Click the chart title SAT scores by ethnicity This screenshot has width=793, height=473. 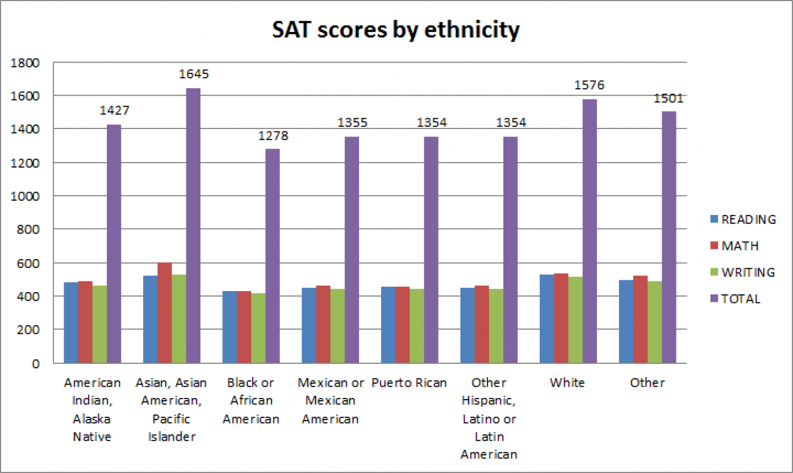point(395,29)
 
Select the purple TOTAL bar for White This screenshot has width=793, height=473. point(589,230)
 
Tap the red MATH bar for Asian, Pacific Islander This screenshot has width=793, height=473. point(165,313)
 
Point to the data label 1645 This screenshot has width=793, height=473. point(193,74)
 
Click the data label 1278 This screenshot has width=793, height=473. point(273,136)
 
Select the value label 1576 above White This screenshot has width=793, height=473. point(589,85)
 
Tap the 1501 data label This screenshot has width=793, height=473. point(668,98)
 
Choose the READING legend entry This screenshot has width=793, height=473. point(743,219)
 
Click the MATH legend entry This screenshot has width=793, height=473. point(735,246)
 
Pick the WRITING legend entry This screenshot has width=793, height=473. point(743,272)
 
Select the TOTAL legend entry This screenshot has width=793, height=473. point(735,299)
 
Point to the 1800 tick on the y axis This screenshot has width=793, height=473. point(25,63)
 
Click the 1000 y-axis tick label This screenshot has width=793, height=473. point(25,196)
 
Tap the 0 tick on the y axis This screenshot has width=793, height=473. point(35,364)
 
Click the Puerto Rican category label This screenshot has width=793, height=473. point(409,383)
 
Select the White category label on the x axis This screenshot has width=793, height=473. point(567,383)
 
